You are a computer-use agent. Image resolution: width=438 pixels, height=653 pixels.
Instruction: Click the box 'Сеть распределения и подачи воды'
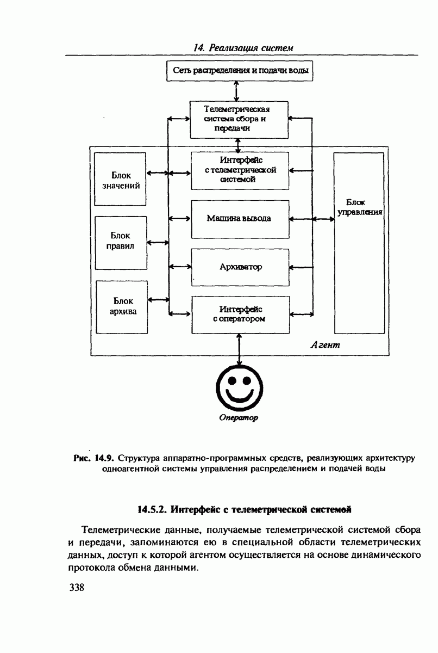coord(240,71)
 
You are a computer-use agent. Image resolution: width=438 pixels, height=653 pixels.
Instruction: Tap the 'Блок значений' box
coord(121,179)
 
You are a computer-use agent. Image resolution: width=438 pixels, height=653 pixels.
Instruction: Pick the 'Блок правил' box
coord(121,242)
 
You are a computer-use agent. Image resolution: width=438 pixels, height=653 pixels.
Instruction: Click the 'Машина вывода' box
coord(239,219)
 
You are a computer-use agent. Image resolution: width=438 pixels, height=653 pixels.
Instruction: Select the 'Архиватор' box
coord(240,267)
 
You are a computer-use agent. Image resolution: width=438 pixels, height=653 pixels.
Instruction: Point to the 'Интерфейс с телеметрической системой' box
coord(240,169)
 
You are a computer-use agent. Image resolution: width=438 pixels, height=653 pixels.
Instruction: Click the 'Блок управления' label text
coord(359,207)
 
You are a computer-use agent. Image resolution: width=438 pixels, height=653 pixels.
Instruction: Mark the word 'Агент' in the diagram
coord(326,345)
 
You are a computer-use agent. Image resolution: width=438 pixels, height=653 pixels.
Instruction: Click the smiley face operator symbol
coord(239,388)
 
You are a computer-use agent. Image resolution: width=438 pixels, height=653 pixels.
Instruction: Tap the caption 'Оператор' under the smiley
coord(239,418)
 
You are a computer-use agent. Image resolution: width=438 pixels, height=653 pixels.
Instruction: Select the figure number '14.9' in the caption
coord(104,458)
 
